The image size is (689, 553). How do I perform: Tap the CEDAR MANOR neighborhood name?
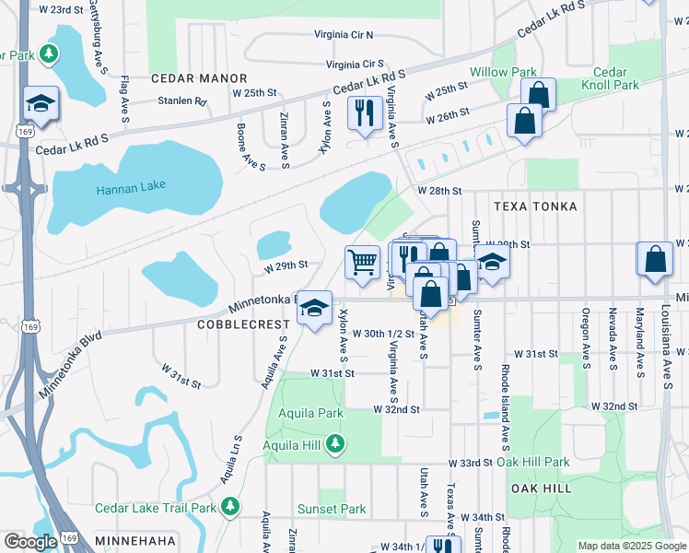pos(199,79)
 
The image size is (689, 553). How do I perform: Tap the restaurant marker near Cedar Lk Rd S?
pos(365,113)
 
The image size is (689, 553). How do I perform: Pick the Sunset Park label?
pos(332,509)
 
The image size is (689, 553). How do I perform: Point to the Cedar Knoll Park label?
pos(610,78)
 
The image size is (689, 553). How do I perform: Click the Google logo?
pos(30,542)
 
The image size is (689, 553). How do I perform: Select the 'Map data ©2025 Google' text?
pos(631,546)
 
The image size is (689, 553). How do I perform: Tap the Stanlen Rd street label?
pos(181,101)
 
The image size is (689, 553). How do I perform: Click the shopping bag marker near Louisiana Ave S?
pos(654,260)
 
